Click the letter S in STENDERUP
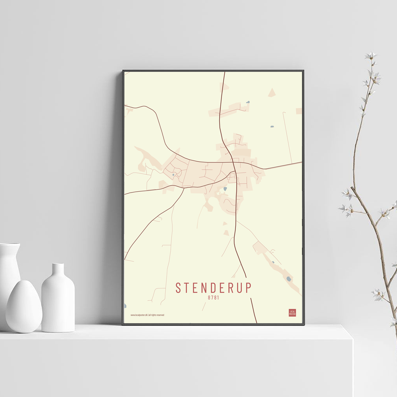tap(179, 288)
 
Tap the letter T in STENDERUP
tap(188, 288)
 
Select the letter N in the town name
tap(208, 288)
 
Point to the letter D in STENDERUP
tap(218, 288)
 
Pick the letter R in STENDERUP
tap(237, 288)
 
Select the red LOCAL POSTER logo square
tap(293, 313)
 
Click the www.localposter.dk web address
tap(139, 315)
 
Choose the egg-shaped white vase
tap(24, 306)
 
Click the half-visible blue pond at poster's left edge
tap(125, 306)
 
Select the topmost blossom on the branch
tap(371, 55)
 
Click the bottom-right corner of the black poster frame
tap(304, 324)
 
